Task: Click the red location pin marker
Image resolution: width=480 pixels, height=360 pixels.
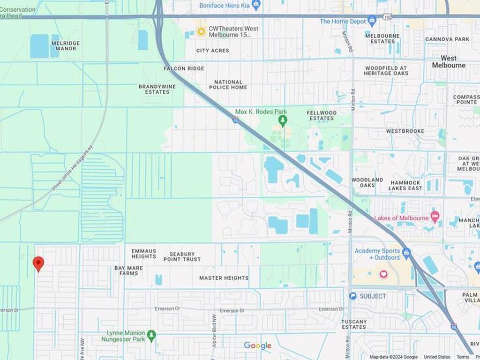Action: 38,263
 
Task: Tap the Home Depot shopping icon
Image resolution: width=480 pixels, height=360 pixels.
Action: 372,21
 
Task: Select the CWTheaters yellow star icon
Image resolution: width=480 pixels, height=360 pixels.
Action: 201,31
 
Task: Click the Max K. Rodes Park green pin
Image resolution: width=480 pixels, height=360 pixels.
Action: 282,121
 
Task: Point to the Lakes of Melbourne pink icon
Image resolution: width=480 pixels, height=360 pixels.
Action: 435,217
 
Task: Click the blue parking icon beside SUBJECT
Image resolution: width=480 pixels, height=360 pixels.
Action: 352,296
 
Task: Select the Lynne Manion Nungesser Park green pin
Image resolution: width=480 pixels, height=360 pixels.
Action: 151,336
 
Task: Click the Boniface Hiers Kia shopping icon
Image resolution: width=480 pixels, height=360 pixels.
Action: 255,5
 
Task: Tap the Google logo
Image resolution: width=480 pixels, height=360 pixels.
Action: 257,346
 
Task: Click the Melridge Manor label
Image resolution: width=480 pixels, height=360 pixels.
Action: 66,45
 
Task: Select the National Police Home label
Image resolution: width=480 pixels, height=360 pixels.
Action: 228,84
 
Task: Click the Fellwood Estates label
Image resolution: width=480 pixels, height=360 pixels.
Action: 322,115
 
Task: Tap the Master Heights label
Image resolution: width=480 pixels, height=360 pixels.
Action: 224,278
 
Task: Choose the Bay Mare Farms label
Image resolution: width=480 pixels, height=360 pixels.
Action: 128,270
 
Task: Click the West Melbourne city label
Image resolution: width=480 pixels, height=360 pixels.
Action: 449,61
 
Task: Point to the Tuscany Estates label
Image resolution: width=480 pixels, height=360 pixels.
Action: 354,324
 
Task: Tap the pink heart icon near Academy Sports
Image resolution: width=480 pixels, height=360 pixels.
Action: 383,274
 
